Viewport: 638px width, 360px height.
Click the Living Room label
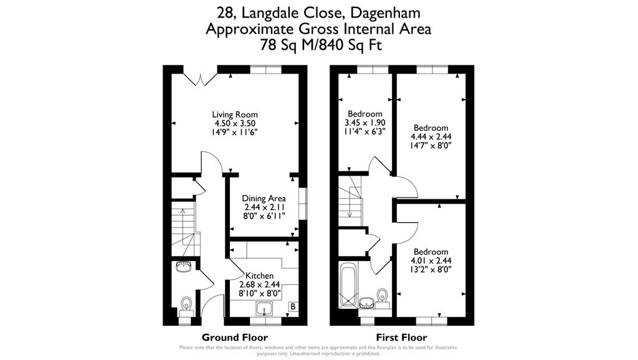tap(235, 115)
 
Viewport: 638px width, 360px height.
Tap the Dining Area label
tap(264, 199)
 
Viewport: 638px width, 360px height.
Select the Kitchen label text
tap(260, 276)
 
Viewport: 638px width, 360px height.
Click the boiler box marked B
tap(293, 306)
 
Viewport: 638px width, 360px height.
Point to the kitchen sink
tap(265, 309)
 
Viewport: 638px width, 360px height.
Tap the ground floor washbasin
tap(184, 267)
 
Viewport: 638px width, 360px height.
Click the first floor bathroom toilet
tap(382, 298)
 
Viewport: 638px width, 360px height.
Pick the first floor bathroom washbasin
tap(368, 303)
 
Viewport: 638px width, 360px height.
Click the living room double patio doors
tap(200, 79)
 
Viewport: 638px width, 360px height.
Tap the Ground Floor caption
tap(235, 337)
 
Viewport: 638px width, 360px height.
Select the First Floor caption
tap(402, 337)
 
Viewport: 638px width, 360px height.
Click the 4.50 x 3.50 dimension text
tap(235, 123)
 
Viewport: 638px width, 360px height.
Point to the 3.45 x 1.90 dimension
tap(365, 123)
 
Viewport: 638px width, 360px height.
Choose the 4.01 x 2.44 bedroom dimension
tap(431, 260)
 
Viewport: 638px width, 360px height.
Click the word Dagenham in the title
tap(385, 13)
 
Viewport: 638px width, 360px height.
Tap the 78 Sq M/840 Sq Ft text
tap(321, 45)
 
